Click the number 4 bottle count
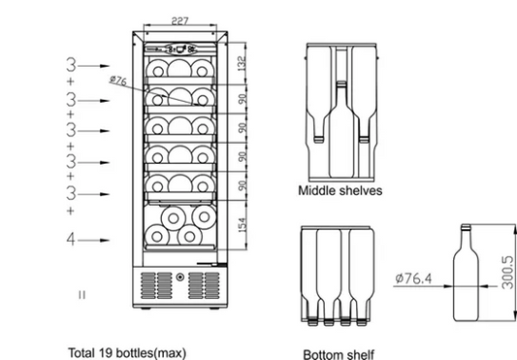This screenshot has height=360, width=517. [x=71, y=238]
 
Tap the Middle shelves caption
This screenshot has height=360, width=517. [x=339, y=190]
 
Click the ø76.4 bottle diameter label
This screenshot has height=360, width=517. [x=417, y=279]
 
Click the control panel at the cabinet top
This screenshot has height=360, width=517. [x=177, y=46]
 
